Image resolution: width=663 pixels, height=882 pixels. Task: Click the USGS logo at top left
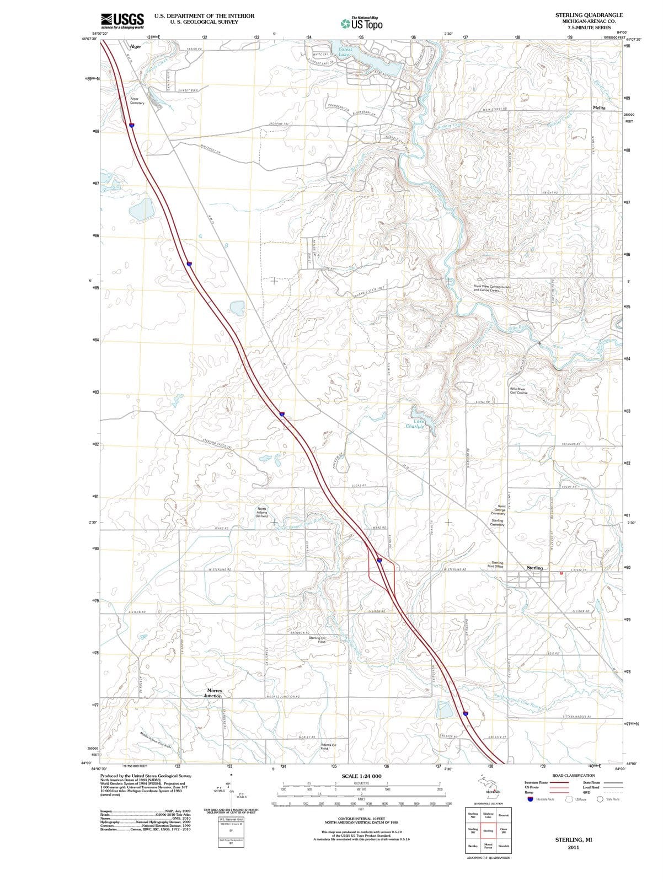point(122,21)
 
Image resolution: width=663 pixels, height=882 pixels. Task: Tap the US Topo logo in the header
point(361,24)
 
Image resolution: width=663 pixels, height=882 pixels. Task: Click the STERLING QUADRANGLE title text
point(589,15)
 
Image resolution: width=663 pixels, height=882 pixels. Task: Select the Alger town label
point(135,47)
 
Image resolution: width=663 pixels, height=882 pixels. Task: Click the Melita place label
point(598,108)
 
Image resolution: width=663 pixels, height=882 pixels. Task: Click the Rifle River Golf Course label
point(518,391)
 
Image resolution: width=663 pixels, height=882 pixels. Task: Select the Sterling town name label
point(534,568)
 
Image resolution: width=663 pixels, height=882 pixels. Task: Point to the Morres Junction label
point(214,693)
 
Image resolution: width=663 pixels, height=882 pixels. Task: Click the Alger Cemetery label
point(137,101)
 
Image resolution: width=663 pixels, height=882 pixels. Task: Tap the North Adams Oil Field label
point(262,513)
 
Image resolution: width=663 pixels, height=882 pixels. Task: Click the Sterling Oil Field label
point(317,640)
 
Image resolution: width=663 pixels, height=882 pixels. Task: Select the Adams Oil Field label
point(332,747)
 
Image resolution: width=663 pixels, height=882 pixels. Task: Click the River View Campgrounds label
point(492,288)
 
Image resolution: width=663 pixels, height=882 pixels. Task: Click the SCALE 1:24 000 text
point(361,776)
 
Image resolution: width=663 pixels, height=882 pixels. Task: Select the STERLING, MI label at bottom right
point(573,840)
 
